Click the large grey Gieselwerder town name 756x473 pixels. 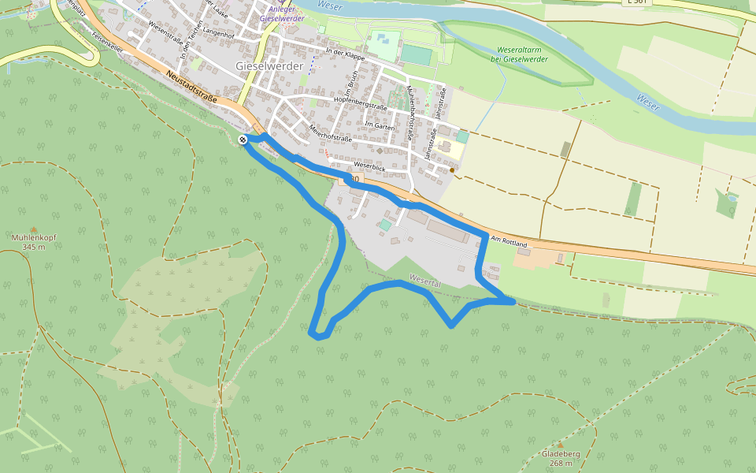(269, 66)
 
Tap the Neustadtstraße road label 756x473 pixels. (191, 88)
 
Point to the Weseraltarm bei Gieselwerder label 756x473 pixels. (519, 54)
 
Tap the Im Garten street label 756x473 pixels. (379, 125)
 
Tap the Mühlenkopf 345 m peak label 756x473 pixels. (34, 241)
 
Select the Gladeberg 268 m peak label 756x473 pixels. (561, 458)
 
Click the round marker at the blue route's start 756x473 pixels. (243, 140)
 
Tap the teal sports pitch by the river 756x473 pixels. (417, 55)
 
